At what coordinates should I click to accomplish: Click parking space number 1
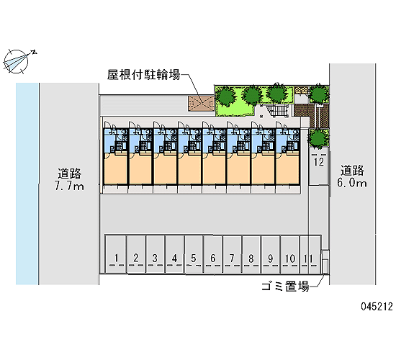point(116,254)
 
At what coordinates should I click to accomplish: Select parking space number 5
point(194,254)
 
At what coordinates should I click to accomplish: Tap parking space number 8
point(251,254)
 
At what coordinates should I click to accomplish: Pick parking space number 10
point(290,254)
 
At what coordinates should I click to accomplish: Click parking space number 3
point(155,254)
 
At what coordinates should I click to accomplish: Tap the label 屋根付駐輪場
point(143,75)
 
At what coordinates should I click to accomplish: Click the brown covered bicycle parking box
point(201,103)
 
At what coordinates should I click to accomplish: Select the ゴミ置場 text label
point(285,287)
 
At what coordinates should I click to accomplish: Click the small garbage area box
point(325,262)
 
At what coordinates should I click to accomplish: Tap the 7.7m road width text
point(69,186)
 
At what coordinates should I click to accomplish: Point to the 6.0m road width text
point(352,183)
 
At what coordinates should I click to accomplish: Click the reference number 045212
point(377,307)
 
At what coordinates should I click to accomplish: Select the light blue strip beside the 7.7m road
point(27,184)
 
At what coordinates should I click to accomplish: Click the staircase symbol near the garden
point(278,111)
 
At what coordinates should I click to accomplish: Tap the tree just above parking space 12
point(318,138)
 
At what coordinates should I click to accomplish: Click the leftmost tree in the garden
point(225,96)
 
